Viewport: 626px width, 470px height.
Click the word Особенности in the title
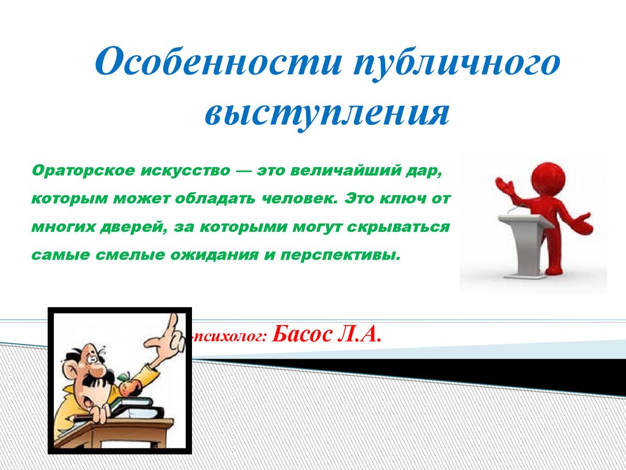click(218, 61)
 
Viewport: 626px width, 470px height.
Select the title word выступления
click(328, 112)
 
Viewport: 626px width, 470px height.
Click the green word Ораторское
click(83, 171)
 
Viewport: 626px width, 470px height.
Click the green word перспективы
click(339, 255)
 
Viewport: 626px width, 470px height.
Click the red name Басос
click(302, 334)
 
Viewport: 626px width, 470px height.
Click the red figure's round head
click(547, 176)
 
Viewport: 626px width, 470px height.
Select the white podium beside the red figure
click(525, 244)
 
